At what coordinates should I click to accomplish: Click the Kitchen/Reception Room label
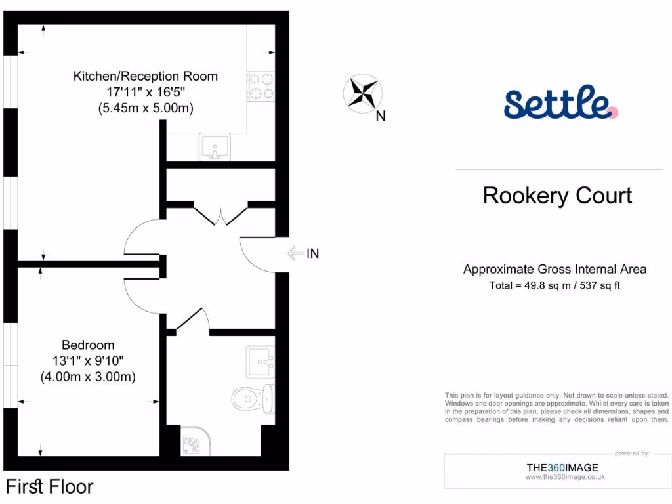pyautogui.click(x=145, y=76)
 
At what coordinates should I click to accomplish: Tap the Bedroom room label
pyautogui.click(x=88, y=345)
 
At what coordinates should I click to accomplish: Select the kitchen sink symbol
pyautogui.click(x=215, y=146)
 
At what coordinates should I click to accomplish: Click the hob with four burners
pyautogui.click(x=260, y=86)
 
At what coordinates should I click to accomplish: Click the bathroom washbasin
pyautogui.click(x=261, y=361)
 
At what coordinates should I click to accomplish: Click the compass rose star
pyautogui.click(x=362, y=92)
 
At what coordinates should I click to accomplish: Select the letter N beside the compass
pyautogui.click(x=381, y=117)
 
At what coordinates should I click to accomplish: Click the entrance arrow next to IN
pyautogui.click(x=296, y=253)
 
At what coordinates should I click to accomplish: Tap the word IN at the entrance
pyautogui.click(x=313, y=253)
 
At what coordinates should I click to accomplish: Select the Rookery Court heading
pyautogui.click(x=557, y=196)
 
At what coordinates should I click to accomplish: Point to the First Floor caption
pyautogui.click(x=50, y=487)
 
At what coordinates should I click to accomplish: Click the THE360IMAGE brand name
pyautogui.click(x=562, y=467)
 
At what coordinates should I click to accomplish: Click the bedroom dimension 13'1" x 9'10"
pyautogui.click(x=88, y=361)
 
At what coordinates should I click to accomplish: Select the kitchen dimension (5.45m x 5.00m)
pyautogui.click(x=145, y=108)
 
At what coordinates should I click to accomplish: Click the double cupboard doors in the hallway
pyautogui.click(x=220, y=216)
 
